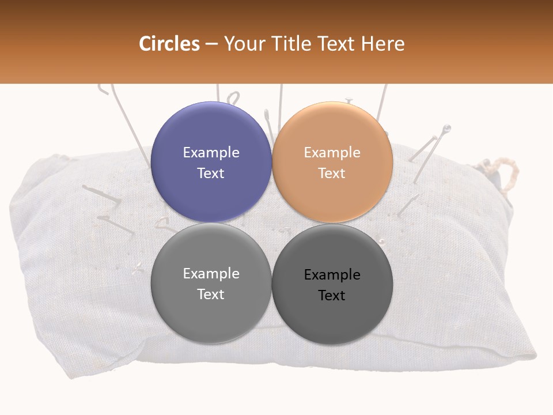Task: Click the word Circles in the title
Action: [169, 44]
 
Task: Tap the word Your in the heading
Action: [244, 44]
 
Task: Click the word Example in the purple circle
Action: [211, 152]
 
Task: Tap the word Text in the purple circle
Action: [211, 173]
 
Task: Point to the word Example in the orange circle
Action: [332, 152]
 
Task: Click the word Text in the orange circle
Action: [332, 173]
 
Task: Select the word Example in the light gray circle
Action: [211, 273]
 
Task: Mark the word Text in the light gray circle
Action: [211, 294]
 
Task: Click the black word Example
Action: [332, 274]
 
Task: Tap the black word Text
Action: [332, 295]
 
